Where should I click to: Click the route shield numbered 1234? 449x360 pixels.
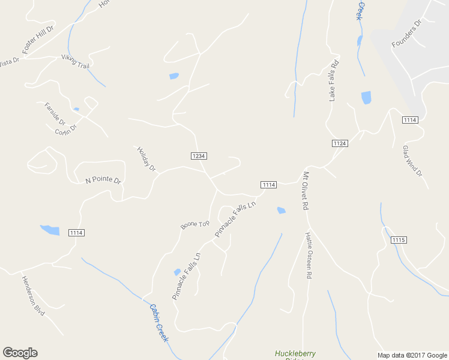(x=199, y=155)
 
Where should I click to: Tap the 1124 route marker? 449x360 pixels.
(x=340, y=143)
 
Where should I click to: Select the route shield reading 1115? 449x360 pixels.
(x=399, y=240)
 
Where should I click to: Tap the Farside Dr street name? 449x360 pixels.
(x=54, y=114)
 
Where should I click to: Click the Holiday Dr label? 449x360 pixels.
(x=146, y=159)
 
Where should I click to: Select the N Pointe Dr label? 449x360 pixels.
(x=103, y=180)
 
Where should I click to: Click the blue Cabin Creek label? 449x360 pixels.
(x=158, y=322)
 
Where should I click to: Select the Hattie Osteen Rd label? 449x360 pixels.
(x=309, y=255)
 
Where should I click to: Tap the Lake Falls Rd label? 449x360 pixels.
(x=334, y=80)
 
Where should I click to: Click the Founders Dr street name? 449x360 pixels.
(x=406, y=34)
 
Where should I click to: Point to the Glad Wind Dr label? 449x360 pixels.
(x=412, y=161)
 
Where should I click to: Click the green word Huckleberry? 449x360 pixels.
(x=295, y=353)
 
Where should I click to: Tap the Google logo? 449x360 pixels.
(x=20, y=353)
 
